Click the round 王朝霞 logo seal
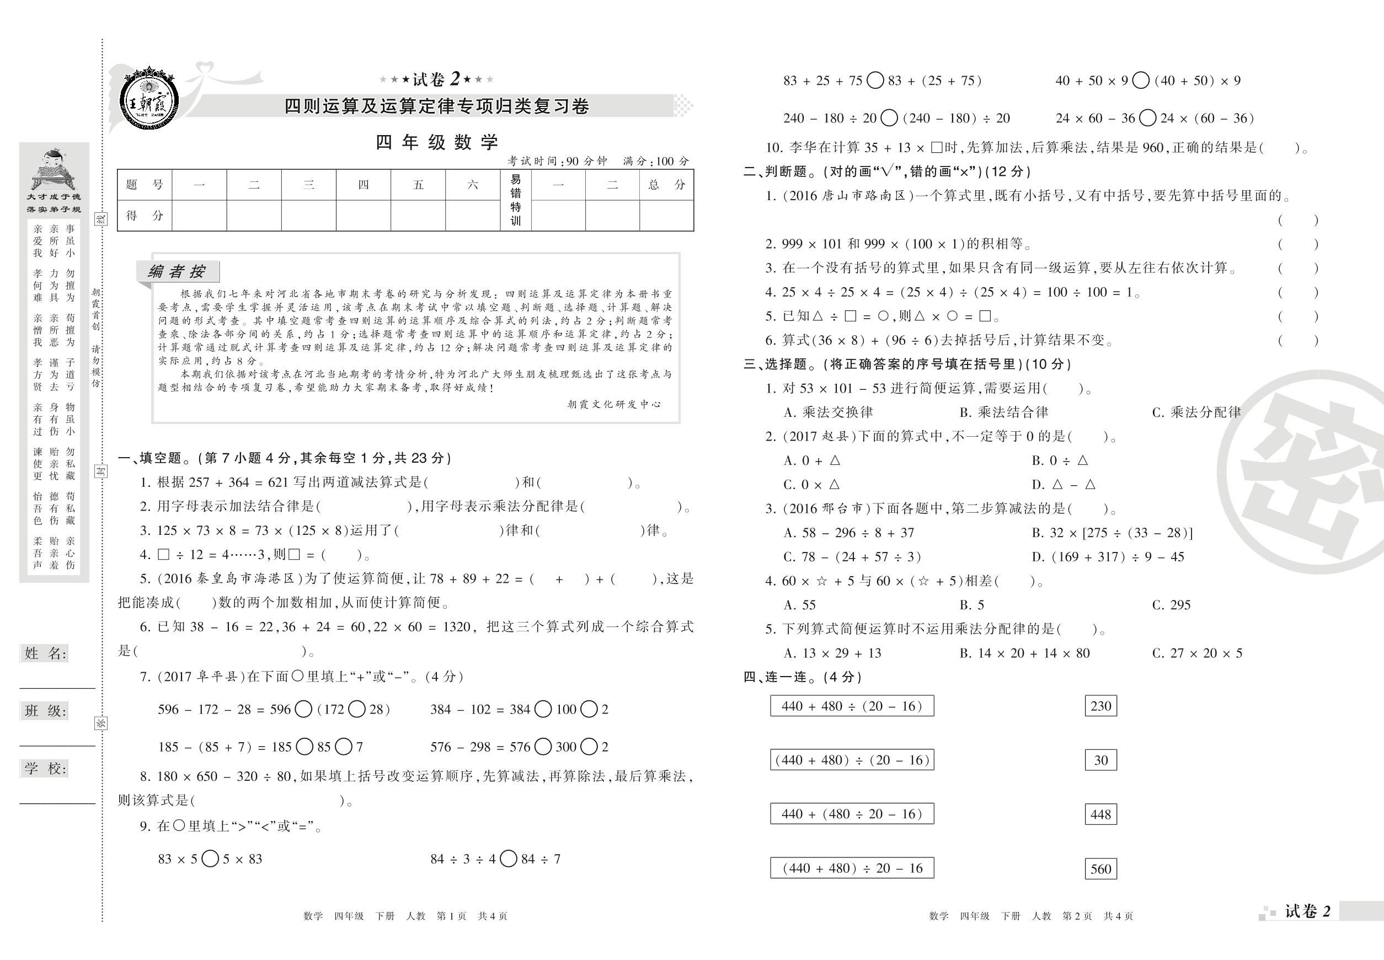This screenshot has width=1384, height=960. [148, 100]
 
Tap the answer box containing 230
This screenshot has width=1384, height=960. [1100, 706]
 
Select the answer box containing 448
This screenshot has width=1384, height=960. [1100, 814]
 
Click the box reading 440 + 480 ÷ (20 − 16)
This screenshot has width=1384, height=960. [852, 706]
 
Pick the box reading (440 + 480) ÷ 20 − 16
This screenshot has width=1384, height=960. [852, 868]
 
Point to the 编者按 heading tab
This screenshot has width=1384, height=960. [177, 272]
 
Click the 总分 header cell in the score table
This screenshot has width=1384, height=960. [666, 185]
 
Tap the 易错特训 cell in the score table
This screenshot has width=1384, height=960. [515, 200]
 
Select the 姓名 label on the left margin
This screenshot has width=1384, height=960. [45, 654]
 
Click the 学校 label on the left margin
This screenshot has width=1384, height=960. [45, 769]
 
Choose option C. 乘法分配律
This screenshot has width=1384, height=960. [1196, 412]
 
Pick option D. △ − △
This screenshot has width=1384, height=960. [1064, 485]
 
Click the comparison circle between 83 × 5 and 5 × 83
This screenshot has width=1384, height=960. [210, 859]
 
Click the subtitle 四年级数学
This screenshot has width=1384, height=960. [437, 143]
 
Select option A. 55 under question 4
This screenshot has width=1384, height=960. [800, 605]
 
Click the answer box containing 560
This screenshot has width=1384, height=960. [1100, 868]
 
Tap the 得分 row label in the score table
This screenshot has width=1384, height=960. [145, 216]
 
